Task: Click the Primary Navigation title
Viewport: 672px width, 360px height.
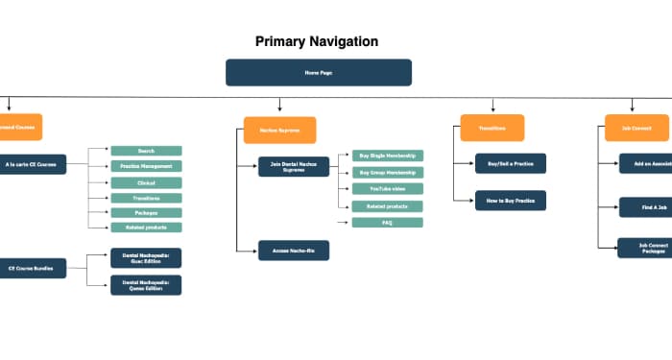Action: pos(317,41)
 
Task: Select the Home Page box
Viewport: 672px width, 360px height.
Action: pos(319,73)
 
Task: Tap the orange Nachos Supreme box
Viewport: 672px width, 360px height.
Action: pos(279,131)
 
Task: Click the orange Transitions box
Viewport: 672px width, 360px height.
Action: pos(492,128)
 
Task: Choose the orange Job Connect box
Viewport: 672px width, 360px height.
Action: pos(636,128)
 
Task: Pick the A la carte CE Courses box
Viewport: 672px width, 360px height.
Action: pos(32,164)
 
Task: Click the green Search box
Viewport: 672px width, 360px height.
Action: pos(146,151)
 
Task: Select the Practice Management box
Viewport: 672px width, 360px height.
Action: pos(146,166)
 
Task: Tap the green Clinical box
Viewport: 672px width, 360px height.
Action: pos(146,182)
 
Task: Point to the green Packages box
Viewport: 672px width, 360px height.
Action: pos(146,212)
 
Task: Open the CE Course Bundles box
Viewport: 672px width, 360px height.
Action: pos(32,268)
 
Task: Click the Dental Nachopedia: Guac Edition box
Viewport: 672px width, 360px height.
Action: pos(146,257)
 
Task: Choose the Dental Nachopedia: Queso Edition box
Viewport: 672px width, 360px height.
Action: pos(146,284)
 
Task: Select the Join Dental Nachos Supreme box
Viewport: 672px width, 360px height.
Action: pos(294,166)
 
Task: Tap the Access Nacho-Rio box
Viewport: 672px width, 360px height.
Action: pos(294,250)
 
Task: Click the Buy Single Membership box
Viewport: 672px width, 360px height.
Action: pos(387,156)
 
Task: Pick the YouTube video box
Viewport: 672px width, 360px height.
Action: pos(387,189)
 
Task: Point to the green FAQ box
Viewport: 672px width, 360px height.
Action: pos(387,223)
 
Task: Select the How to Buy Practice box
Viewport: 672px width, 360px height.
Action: pos(511,200)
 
